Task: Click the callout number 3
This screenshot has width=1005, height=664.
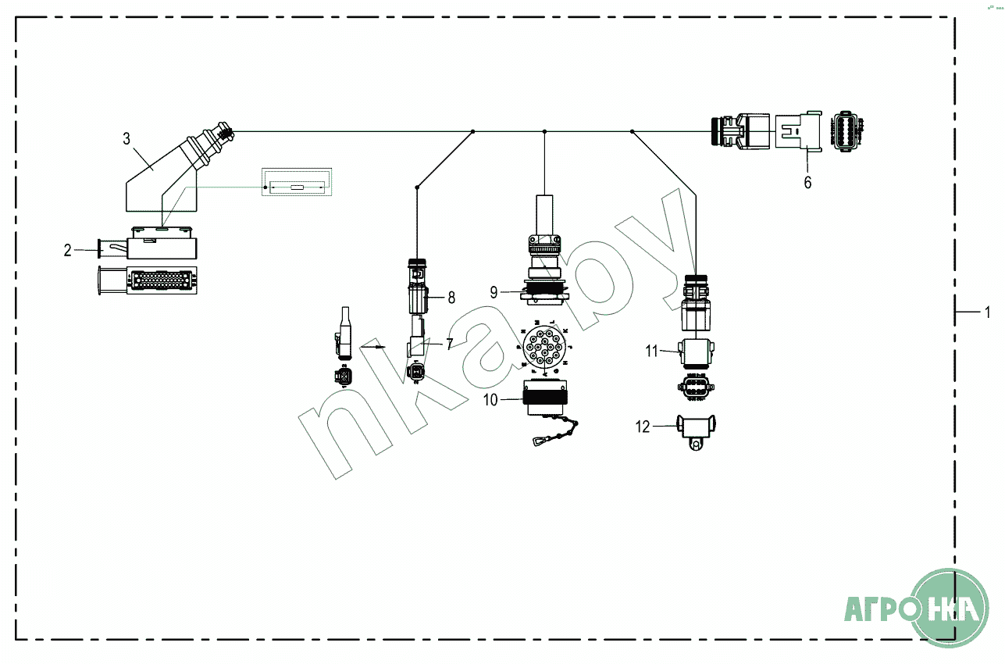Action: click(x=127, y=139)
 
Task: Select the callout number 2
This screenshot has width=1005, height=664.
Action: click(x=68, y=250)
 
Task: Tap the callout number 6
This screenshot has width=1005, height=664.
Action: click(x=807, y=182)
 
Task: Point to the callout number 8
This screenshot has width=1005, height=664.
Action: click(x=451, y=297)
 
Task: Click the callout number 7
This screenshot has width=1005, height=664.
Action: click(x=449, y=343)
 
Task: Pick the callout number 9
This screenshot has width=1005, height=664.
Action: click(x=494, y=293)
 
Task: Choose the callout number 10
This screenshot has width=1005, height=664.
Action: click(x=490, y=400)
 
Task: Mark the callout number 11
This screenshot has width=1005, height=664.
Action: click(x=652, y=351)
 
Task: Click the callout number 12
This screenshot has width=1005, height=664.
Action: click(x=643, y=427)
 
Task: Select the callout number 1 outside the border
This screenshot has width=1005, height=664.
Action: click(x=987, y=312)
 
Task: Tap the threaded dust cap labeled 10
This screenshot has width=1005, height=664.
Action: click(x=542, y=401)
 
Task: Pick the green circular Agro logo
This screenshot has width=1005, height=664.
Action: click(x=950, y=608)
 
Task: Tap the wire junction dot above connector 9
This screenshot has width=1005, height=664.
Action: click(x=544, y=132)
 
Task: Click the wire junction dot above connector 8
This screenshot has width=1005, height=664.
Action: click(x=418, y=187)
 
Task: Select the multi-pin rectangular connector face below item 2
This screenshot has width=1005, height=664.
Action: click(x=152, y=281)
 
